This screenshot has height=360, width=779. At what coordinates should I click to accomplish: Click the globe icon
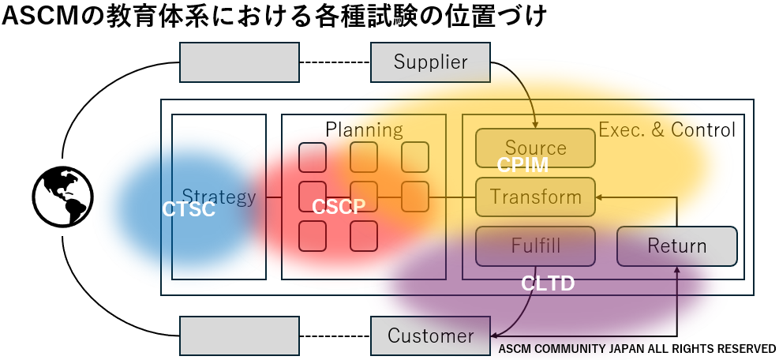62,197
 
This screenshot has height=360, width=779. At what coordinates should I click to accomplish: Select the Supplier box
430,62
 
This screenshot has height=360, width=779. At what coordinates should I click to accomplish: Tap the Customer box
430,336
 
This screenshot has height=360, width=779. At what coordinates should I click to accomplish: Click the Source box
535,148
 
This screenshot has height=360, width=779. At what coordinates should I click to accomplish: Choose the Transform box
535,197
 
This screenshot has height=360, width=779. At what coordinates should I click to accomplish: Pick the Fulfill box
535,246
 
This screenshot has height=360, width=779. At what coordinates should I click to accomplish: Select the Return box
676,246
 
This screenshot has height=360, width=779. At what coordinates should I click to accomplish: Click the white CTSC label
188,209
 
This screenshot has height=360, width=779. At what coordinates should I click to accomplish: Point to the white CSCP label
339,207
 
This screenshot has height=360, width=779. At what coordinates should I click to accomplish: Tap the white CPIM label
522,166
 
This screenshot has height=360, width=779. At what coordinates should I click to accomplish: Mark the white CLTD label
548,283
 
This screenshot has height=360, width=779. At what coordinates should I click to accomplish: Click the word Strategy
219,197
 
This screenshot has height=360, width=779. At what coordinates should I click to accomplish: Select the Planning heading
364,129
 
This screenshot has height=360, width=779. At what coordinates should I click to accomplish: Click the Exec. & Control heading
667,129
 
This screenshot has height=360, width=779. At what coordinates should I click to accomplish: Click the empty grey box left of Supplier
239,62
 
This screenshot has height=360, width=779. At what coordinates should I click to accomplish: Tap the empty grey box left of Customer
239,336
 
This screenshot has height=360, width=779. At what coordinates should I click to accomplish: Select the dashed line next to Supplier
335,62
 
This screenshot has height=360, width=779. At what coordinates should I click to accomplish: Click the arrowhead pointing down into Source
535,124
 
